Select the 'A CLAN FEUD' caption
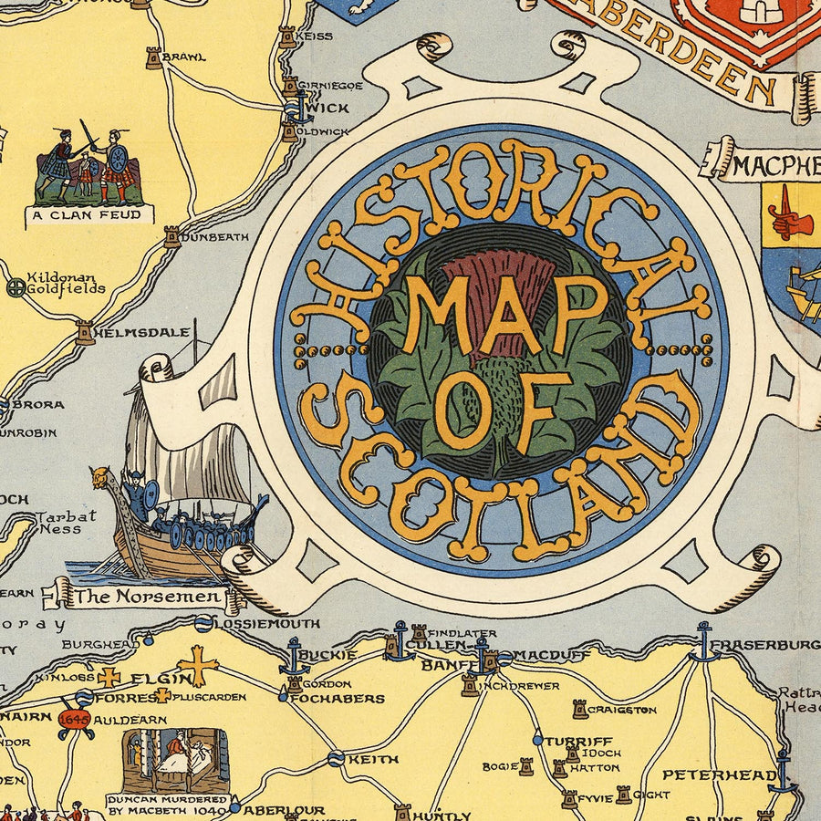coord(88,215)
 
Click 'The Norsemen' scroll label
coord(147,598)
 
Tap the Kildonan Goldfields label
coord(66,283)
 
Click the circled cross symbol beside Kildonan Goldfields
coord(15,287)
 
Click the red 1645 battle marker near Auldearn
coord(74,719)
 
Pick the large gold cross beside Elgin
coord(198,664)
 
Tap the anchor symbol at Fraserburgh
coord(703,641)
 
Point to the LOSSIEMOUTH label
coord(268,623)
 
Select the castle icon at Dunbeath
coord(171,236)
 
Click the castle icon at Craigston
coord(578,709)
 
